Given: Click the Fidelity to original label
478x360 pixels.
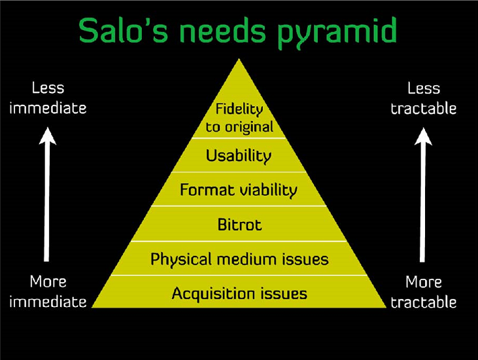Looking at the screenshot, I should coord(239,118).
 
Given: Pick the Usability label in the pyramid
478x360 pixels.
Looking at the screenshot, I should coord(239,156).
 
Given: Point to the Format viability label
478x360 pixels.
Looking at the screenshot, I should coord(239,190).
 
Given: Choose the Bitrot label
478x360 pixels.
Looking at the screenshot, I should coord(239,225).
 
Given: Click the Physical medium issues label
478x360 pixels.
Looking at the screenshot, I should coord(239,259).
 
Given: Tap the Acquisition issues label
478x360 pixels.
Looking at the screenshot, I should coord(239,293).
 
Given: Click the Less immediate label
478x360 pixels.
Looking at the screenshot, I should coord(48,98).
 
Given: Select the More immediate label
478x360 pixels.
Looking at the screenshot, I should coord(48,291).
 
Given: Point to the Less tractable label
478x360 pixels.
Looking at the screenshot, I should coord(424,98).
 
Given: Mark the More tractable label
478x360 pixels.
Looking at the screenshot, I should coord(424,291).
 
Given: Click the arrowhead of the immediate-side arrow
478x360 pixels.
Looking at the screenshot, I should coord(47,135).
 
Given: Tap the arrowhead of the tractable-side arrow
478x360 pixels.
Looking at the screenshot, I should coord(424,135).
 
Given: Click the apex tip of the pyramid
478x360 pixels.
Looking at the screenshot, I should coord(239,61).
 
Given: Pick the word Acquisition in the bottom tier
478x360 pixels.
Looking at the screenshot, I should coord(209,293).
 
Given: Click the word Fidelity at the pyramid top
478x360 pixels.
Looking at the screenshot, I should coord(239,110).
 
